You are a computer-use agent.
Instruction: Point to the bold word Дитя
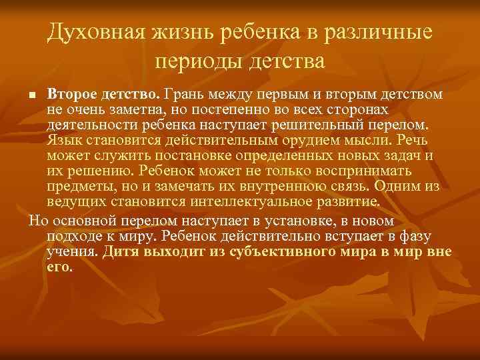tap(124, 251)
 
